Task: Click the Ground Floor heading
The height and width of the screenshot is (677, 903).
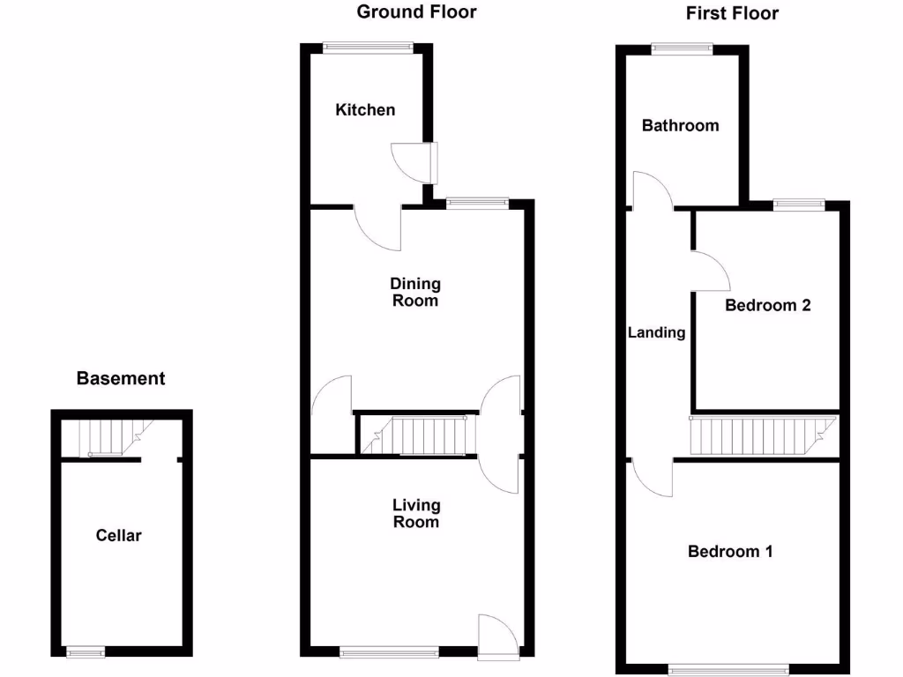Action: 416,11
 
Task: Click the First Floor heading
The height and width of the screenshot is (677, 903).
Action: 732,13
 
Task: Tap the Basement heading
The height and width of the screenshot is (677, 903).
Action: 121,379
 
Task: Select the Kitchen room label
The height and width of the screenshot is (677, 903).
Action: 365,110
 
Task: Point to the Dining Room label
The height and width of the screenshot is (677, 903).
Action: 415,292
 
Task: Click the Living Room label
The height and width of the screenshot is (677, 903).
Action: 416,513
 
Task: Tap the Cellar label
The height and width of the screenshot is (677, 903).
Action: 119,535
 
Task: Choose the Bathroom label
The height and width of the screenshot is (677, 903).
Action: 680,125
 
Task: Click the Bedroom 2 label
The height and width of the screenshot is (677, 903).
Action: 768,305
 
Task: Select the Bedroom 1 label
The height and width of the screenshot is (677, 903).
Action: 730,552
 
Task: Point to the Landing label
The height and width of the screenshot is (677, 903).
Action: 656,332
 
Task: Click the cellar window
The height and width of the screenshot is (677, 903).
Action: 86,651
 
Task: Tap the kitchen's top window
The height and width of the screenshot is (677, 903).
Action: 368,48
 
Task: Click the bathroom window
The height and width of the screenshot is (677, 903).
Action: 679,49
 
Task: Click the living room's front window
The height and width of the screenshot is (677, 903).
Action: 389,652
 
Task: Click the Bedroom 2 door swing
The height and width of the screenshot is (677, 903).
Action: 710,272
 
